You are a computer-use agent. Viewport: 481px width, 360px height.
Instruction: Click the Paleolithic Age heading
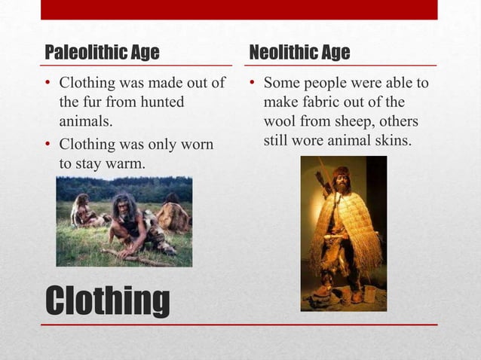(x=102, y=53)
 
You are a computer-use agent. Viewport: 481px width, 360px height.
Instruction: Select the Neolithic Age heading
(x=299, y=53)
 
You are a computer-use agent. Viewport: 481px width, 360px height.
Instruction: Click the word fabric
(x=323, y=102)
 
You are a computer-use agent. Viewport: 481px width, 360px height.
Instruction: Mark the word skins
(x=391, y=140)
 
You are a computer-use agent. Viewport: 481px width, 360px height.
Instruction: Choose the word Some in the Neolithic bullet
(x=280, y=82)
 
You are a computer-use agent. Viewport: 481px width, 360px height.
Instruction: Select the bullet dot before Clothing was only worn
(x=48, y=144)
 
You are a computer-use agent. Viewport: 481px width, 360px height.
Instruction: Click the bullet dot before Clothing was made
(x=48, y=83)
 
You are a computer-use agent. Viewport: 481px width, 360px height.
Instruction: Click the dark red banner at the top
(x=239, y=9)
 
